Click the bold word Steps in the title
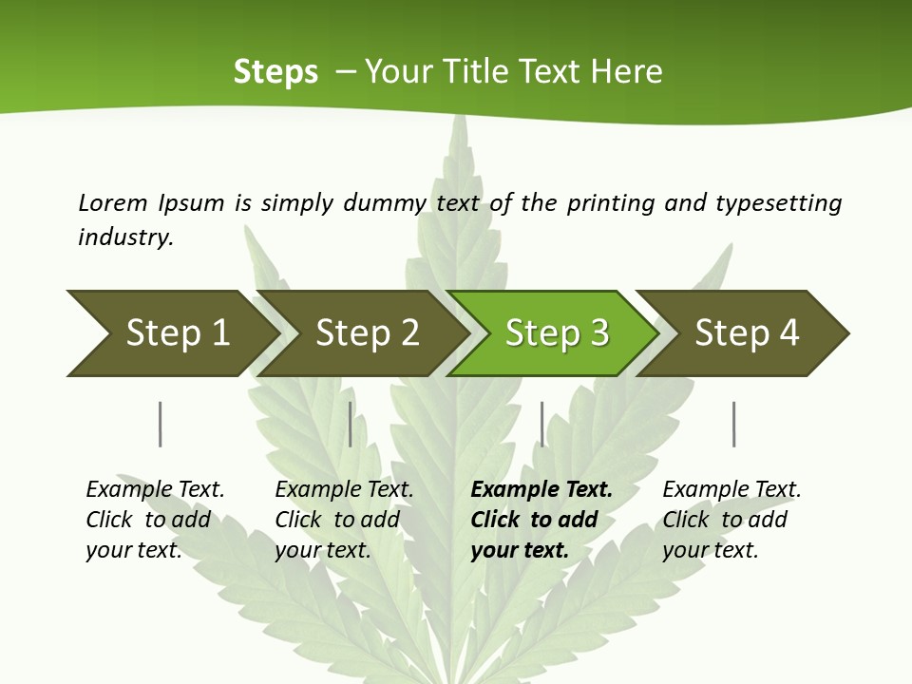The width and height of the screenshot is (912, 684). (x=275, y=72)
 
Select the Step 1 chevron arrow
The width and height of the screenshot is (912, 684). (x=171, y=333)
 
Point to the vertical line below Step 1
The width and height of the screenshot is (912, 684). (x=160, y=424)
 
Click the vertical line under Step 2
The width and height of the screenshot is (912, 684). (x=351, y=424)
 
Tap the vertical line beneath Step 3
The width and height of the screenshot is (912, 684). (x=541, y=424)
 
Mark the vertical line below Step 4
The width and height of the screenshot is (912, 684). (x=733, y=424)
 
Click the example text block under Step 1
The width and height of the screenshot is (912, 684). (x=155, y=520)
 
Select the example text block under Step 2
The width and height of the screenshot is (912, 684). (x=344, y=520)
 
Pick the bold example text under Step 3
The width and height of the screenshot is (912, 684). (x=541, y=520)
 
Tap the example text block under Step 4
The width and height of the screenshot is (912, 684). (x=731, y=520)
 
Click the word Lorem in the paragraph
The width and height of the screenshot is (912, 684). (x=112, y=203)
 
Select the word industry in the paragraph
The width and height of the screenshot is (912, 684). (x=125, y=237)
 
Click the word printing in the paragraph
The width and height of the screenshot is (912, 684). (x=610, y=203)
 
